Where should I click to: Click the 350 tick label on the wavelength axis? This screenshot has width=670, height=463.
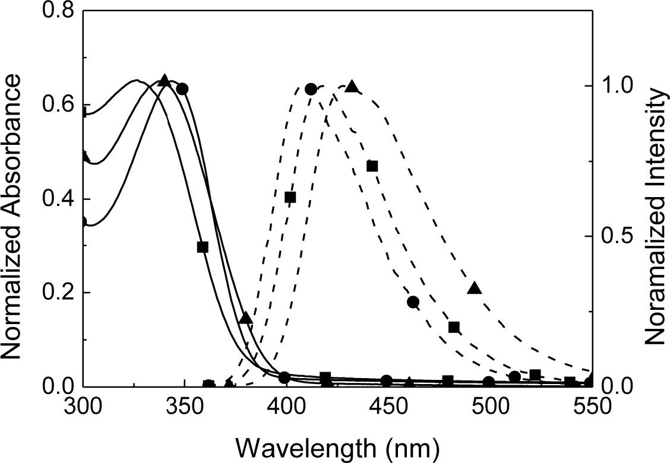coord(184,407)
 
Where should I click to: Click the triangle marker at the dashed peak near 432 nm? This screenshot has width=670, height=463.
coord(352,87)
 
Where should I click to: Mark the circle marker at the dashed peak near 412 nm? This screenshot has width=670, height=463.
coord(311,89)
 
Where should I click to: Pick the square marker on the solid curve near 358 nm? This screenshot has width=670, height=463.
coord(203,247)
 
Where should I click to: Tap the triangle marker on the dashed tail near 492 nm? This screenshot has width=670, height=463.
coord(474,288)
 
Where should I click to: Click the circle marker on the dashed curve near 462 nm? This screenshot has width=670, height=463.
coord(413,302)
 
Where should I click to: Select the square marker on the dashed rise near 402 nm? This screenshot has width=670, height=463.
coord(290,198)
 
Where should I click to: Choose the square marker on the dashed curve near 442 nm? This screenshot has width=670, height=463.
coord(372,166)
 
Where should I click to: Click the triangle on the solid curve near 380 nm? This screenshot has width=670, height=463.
coord(246,318)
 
